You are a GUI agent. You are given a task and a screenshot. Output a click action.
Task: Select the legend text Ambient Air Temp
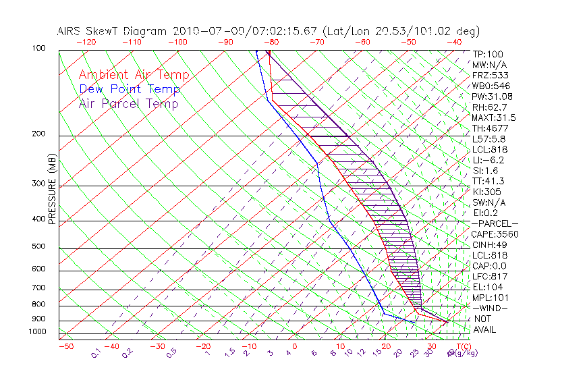click(134, 75)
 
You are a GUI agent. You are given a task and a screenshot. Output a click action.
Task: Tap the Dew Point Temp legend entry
click(130, 90)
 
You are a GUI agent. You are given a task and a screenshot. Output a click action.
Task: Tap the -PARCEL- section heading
click(495, 223)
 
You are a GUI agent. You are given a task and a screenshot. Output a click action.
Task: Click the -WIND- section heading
click(490, 308)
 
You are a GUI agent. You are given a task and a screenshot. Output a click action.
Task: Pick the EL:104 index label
click(485, 287)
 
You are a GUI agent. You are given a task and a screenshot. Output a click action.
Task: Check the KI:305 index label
click(486, 192)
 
